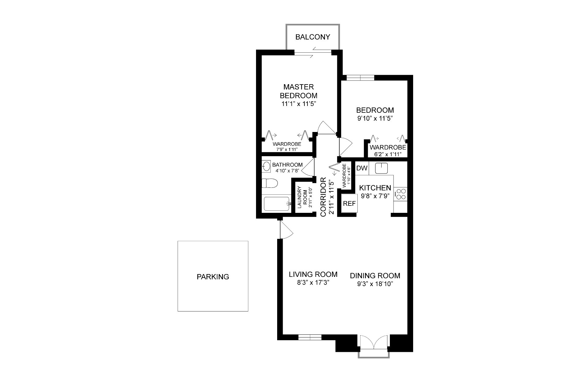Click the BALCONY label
pos(313,37)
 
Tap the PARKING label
pos(213,277)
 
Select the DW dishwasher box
pos(362,168)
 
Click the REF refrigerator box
pos(349,203)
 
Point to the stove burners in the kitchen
pos(401,194)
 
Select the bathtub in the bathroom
pos(277,204)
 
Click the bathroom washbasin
pos(266,166)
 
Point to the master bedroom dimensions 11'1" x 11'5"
pos(299,104)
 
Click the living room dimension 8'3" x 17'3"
pos(313,283)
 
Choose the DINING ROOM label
pos(375,276)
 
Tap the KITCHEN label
pos(375,188)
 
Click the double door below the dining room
pos(374,342)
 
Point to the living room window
pos(310,337)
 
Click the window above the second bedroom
pos(360,78)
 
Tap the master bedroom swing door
pos(327,127)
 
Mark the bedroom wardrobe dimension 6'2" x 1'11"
pos(388,154)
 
